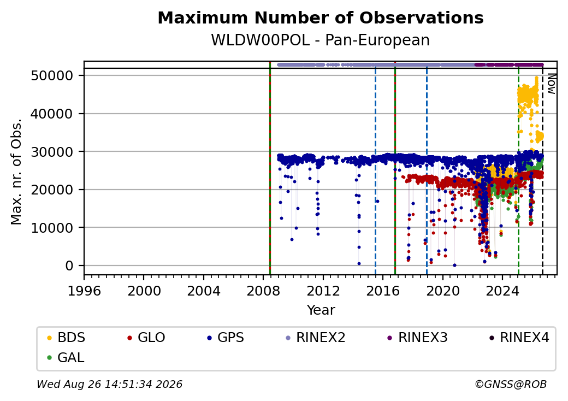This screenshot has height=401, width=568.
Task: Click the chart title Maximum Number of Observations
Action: tap(321, 17)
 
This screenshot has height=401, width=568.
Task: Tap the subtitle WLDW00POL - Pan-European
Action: tap(321, 40)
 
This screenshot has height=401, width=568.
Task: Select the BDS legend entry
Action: tap(66, 338)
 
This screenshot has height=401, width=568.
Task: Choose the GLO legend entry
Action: tap(146, 338)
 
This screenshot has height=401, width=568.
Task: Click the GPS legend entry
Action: tap(226, 338)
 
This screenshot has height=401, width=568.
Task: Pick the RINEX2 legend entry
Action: tap(316, 338)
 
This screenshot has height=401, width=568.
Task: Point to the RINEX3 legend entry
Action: tap(418, 338)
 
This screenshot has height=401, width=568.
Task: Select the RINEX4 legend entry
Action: tap(519, 338)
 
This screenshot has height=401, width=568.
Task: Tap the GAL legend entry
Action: tap(66, 357)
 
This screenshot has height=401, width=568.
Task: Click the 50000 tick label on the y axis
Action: tap(52, 76)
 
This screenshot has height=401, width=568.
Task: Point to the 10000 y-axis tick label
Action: tap(52, 228)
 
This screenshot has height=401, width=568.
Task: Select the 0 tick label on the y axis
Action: tap(69, 266)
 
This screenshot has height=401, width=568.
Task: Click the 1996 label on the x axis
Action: tap(84, 291)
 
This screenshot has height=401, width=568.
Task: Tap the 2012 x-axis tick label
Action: tap(323, 291)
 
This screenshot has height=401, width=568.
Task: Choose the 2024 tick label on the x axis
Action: tap(502, 291)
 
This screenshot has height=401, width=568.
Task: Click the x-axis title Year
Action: tap(321, 310)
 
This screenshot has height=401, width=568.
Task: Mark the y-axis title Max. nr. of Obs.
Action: tap(16, 172)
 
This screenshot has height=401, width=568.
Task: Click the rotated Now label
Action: tap(551, 84)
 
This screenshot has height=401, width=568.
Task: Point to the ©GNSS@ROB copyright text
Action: tap(511, 384)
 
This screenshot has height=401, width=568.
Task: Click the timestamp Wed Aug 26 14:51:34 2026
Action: tap(110, 384)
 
